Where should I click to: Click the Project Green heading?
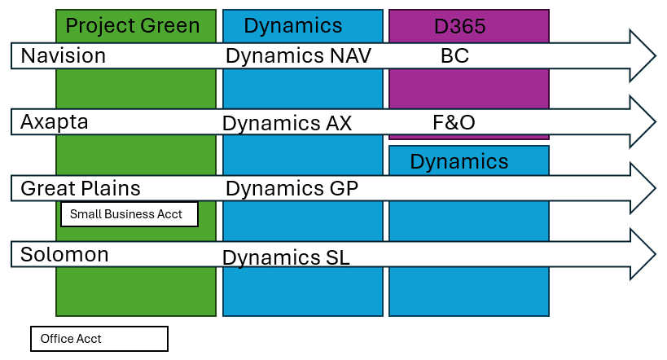point(133,26)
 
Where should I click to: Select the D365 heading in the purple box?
point(460,26)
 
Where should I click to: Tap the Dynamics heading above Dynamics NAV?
point(292,25)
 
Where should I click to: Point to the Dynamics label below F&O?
point(459,162)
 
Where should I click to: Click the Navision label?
point(64,55)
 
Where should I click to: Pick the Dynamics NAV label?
point(298,55)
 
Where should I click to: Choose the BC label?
point(454,55)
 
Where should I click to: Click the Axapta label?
point(55,122)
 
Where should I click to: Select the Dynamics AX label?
point(287,124)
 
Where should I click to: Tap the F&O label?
point(454,122)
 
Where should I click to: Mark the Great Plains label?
point(81,188)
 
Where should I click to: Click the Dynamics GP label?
point(292,188)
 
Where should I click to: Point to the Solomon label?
point(64,254)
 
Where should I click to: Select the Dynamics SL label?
point(286,257)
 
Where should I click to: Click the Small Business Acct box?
point(129,214)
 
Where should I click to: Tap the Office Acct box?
point(99,339)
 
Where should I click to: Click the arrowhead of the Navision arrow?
point(643,55)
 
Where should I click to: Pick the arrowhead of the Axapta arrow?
point(643,122)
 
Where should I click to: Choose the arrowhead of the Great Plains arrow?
point(643,188)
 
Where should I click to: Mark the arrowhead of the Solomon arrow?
point(643,254)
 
